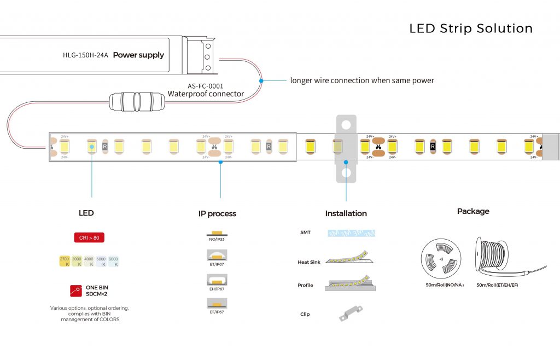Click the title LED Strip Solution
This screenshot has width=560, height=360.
[471, 28]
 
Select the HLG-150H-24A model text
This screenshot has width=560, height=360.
[86, 55]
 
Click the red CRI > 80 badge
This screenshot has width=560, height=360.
[89, 237]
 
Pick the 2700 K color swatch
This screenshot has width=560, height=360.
[65, 261]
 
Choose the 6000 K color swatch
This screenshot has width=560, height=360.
[113, 261]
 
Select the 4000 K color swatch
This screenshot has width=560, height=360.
[89, 261]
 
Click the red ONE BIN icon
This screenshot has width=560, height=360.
[75, 291]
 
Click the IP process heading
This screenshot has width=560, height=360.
[217, 213]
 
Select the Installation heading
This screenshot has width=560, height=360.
[346, 213]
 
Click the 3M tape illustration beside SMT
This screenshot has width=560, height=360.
[351, 233]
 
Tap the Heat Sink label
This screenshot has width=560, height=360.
[309, 263]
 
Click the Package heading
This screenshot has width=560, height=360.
[473, 211]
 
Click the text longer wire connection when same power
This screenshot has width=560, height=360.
[362, 80]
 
